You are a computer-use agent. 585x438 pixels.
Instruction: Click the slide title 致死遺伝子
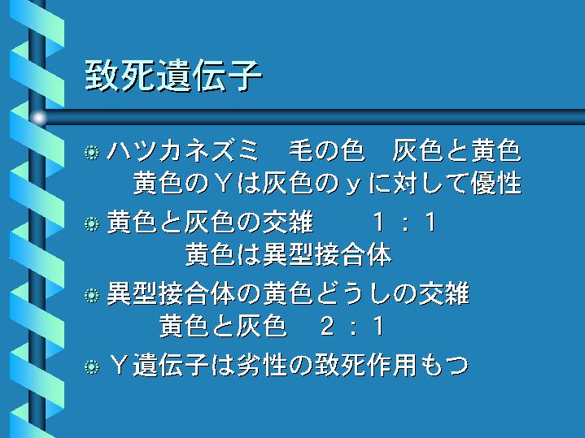(x=173, y=76)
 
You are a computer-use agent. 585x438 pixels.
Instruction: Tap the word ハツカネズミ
(x=183, y=150)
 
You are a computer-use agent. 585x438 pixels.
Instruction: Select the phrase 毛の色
(x=327, y=150)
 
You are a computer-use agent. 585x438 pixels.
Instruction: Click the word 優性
(x=496, y=183)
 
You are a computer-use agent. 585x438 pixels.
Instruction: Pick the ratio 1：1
(x=404, y=222)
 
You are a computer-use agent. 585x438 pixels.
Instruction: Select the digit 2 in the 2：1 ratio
(x=327, y=327)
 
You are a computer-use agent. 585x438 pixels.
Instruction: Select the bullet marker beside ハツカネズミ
(x=92, y=152)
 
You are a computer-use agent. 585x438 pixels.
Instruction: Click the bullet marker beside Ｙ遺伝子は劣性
(x=92, y=366)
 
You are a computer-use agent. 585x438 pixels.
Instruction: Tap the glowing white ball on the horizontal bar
(x=38, y=118)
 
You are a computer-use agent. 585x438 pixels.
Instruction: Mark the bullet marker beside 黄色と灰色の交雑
(x=92, y=224)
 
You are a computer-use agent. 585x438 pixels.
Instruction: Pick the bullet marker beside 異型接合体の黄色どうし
(x=92, y=296)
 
